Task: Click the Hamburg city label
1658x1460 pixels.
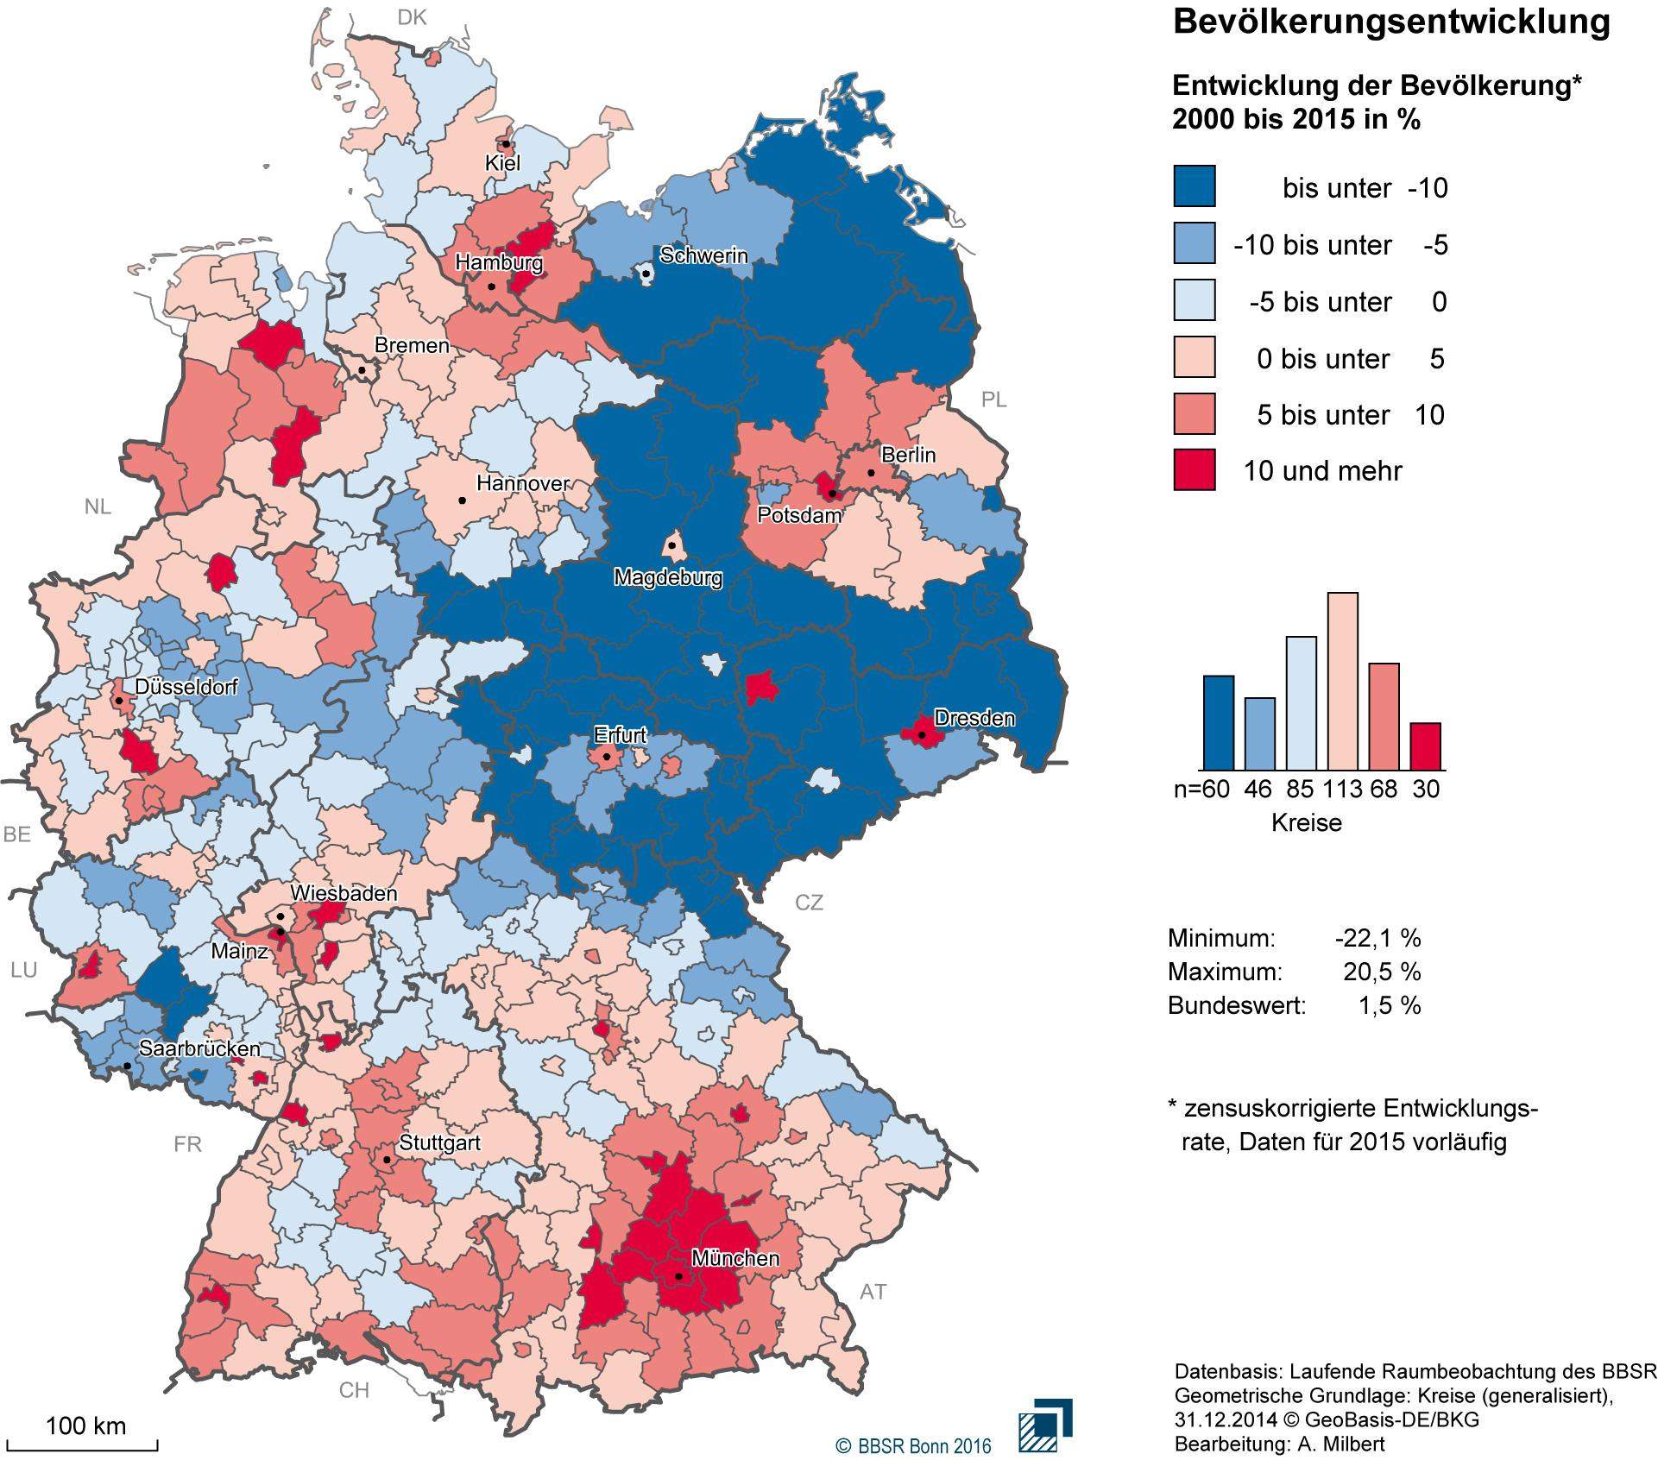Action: (499, 262)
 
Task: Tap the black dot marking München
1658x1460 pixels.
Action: (678, 1276)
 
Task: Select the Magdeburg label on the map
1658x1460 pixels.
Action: (668, 577)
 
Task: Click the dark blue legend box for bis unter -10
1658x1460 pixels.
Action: (1195, 186)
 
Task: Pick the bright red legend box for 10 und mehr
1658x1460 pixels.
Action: (1195, 470)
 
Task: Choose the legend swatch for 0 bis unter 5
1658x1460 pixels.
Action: (1195, 357)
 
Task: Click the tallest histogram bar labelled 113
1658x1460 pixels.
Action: (1343, 681)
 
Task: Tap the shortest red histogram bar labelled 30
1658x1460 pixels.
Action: (1426, 746)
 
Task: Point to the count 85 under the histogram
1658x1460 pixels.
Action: (1302, 788)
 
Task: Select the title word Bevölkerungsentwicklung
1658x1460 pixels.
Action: (1390, 23)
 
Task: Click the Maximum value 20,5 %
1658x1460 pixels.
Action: (1381, 972)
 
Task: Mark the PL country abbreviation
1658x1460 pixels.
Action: (993, 400)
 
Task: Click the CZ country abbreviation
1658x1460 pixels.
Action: (809, 903)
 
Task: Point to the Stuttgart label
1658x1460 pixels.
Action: (440, 1142)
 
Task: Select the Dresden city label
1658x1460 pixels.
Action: (974, 718)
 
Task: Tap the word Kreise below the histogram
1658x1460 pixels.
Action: (1307, 822)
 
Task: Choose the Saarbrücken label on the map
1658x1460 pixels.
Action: (199, 1049)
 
